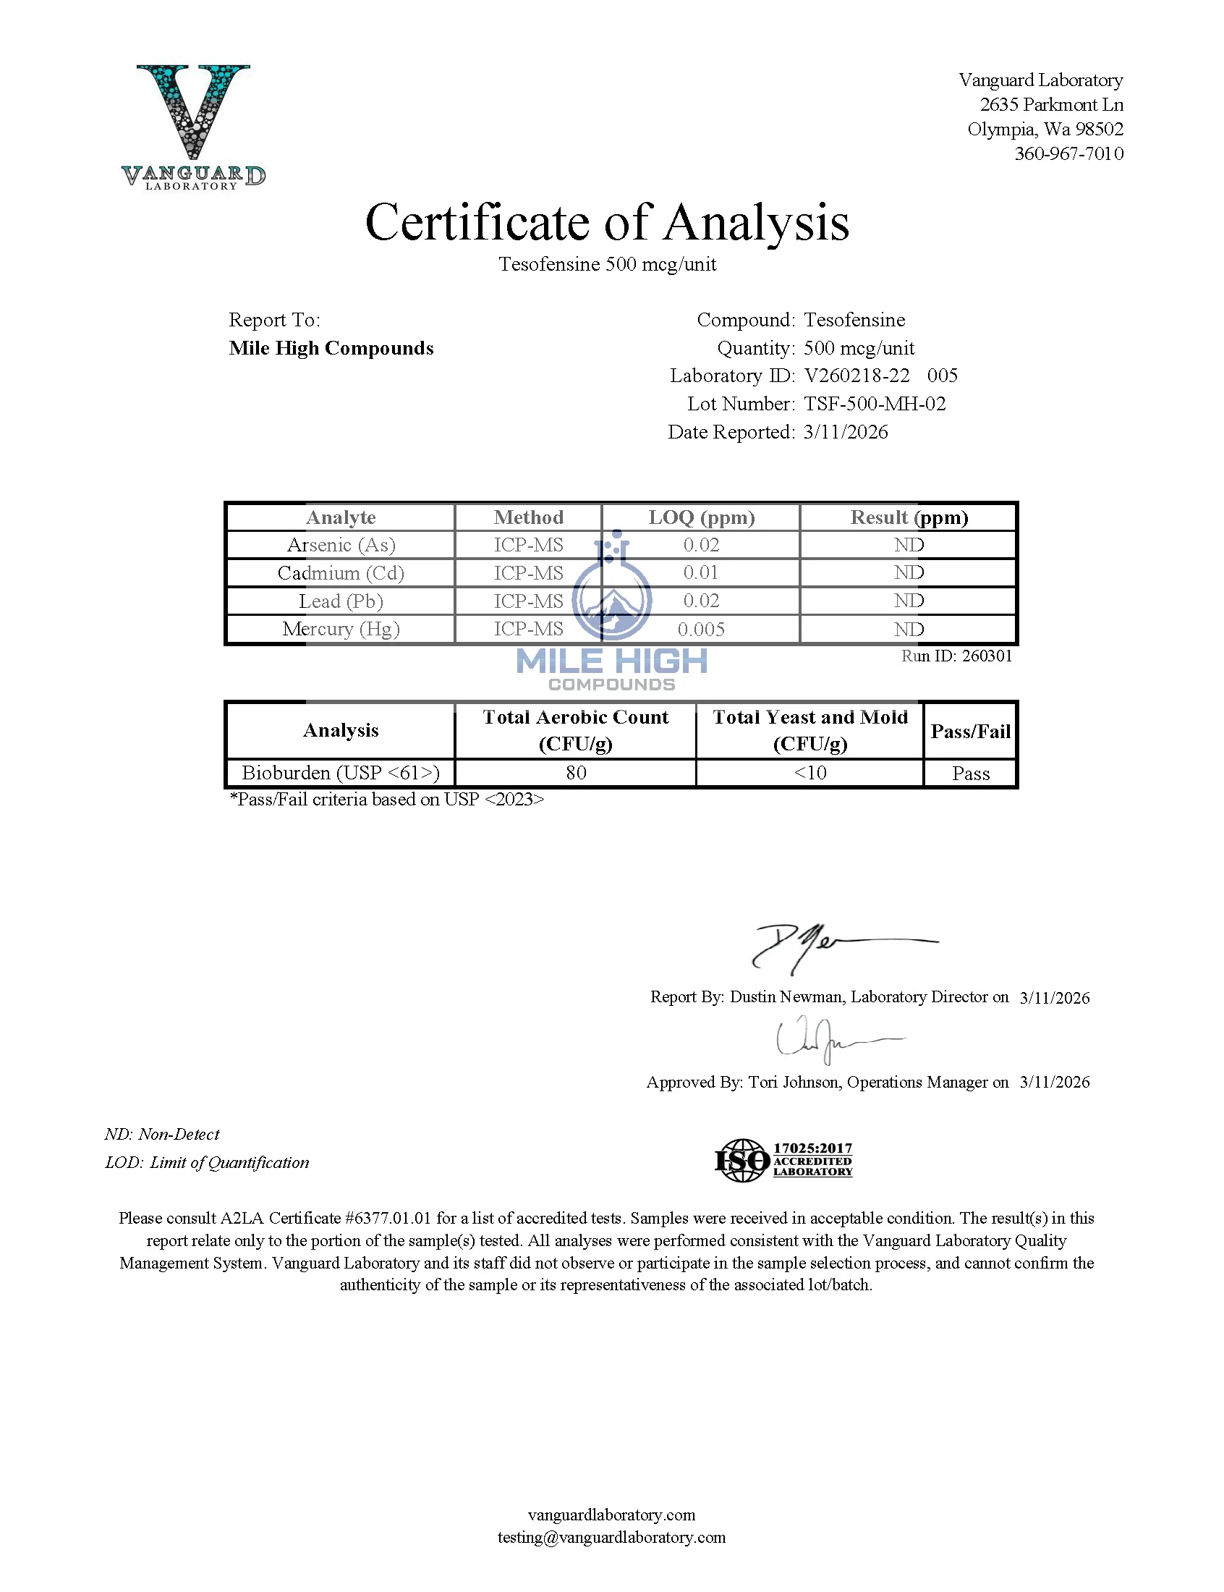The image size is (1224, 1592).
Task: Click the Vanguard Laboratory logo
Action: pyautogui.click(x=193, y=125)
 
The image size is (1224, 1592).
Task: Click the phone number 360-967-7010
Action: pyautogui.click(x=1068, y=153)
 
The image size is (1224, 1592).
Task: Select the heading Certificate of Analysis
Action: pyautogui.click(x=607, y=222)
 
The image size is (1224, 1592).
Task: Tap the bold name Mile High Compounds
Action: pyautogui.click(x=331, y=348)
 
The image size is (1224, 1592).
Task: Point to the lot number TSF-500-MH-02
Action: pyautogui.click(x=875, y=404)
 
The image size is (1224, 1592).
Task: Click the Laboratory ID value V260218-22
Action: pyautogui.click(x=857, y=376)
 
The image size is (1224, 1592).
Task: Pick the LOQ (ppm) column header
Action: pyautogui.click(x=701, y=517)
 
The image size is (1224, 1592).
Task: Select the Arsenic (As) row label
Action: pyautogui.click(x=341, y=545)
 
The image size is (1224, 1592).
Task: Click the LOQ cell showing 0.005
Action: pyautogui.click(x=701, y=630)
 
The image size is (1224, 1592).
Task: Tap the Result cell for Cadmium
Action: pyautogui.click(x=909, y=572)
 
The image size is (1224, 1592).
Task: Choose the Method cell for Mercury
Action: pyautogui.click(x=528, y=629)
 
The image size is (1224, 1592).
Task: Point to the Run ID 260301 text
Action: pyautogui.click(x=956, y=656)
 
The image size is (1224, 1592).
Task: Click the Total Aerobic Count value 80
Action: pyautogui.click(x=576, y=773)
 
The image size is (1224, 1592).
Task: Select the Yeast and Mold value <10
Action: pyautogui.click(x=809, y=773)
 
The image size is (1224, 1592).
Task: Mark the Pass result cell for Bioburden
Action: pyautogui.click(x=971, y=774)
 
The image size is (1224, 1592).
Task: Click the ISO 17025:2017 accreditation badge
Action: pyautogui.click(x=783, y=1160)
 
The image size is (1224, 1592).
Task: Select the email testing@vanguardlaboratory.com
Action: pyautogui.click(x=611, y=1537)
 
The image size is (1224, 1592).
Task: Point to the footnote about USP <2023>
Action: pyautogui.click(x=387, y=800)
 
